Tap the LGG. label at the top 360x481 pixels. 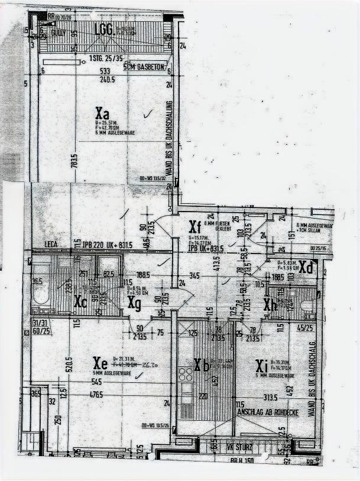coord(104,30)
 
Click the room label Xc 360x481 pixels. coord(81,301)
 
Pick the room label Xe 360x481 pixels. coord(100,362)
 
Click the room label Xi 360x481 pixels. coord(261,365)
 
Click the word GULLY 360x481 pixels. coord(58,34)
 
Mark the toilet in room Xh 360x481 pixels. coord(307,305)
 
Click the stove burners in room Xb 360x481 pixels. coord(186,375)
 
